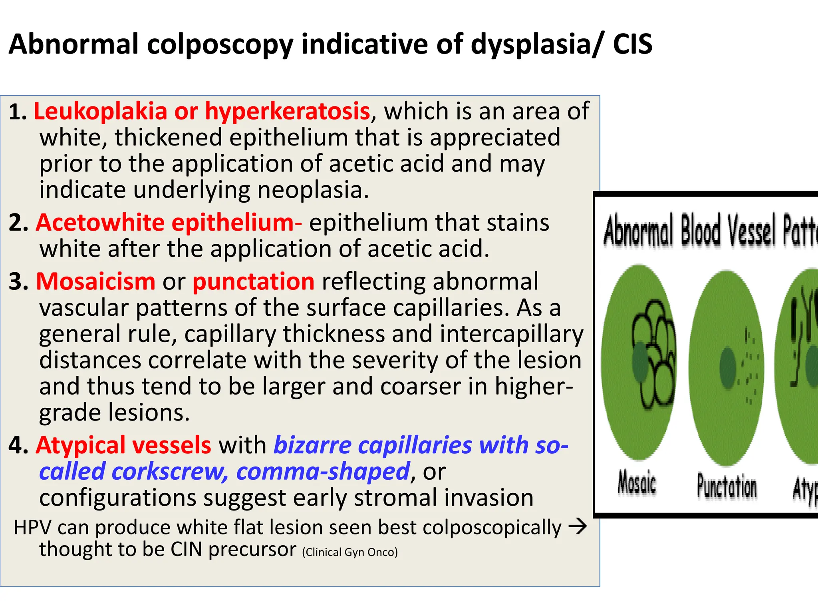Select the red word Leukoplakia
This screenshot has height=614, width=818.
[100, 111]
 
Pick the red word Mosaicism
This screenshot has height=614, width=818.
[95, 282]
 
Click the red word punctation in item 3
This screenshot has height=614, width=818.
[254, 282]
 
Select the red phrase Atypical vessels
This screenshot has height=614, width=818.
[123, 445]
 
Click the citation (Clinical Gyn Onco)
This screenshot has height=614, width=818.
[350, 552]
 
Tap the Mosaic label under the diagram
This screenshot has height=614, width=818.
[637, 483]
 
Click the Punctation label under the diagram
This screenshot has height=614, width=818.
[727, 486]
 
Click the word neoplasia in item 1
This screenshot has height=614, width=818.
[313, 190]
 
